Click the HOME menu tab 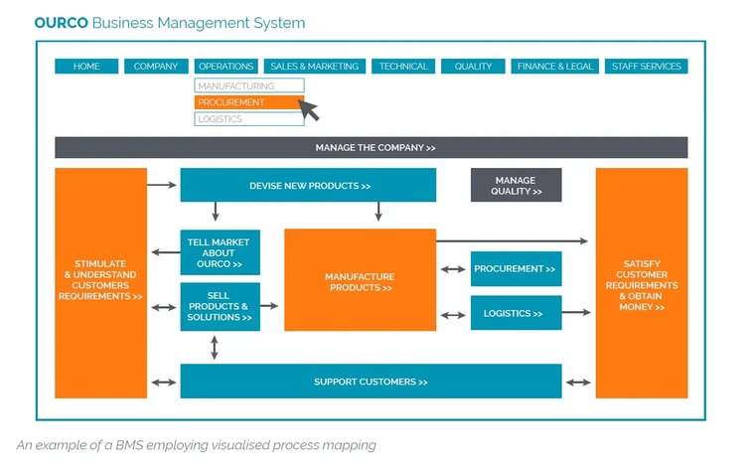coord(86,67)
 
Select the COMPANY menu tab coord(155,67)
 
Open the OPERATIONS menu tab coord(225,67)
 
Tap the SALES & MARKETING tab coord(314,67)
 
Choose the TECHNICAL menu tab coord(403,67)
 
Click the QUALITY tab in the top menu coord(473,67)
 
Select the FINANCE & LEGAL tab coord(554,67)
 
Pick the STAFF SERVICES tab coord(646,67)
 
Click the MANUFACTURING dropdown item coord(248,86)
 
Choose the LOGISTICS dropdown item coord(248,119)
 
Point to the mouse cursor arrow coord(309,109)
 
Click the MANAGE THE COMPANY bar coord(371,148)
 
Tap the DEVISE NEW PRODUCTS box coord(308,186)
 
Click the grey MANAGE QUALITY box coord(516,186)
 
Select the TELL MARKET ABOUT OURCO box coord(220,252)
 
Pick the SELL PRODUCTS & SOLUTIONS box coord(220,306)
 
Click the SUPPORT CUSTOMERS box coord(371,382)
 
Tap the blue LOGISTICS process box coord(516,313)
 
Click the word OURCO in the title coord(61,22)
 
